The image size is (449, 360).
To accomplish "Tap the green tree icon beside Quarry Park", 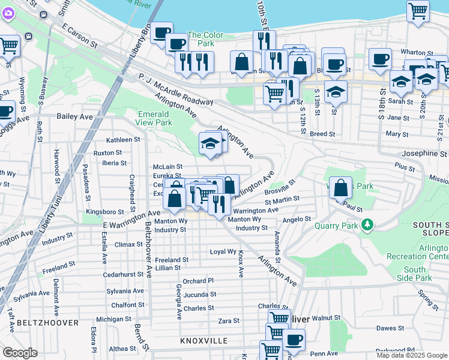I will tap(366, 226).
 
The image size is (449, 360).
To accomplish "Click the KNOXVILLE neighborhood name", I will tap(203, 340).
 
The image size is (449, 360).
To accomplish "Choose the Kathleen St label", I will tap(123, 139).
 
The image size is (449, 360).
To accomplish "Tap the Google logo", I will tap(20, 353).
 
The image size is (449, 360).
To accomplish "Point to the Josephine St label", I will tap(424, 154).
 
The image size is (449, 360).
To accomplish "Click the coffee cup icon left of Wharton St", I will tap(380, 59).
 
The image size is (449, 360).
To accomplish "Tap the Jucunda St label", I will tap(200, 295).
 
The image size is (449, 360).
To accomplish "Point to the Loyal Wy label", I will tap(223, 251).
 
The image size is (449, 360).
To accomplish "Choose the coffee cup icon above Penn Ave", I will tap(294, 339).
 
